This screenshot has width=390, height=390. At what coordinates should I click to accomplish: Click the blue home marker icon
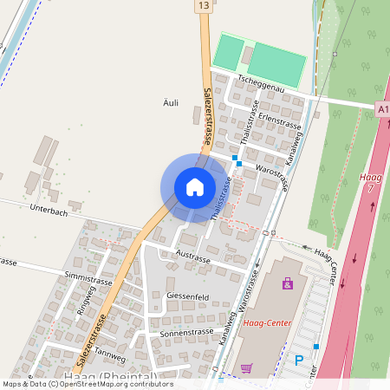(195, 186)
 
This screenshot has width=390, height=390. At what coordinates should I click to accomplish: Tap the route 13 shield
(202, 6)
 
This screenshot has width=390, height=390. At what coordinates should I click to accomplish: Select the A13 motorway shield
(383, 108)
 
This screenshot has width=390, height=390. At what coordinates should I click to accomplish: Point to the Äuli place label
(171, 102)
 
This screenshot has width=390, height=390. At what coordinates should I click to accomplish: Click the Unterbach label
(49, 209)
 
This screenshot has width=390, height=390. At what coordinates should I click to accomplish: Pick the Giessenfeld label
(187, 296)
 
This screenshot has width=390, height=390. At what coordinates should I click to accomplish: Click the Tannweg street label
(110, 353)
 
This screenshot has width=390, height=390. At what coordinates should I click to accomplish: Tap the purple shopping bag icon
(288, 283)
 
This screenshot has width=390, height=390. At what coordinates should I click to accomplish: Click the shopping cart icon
(246, 367)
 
